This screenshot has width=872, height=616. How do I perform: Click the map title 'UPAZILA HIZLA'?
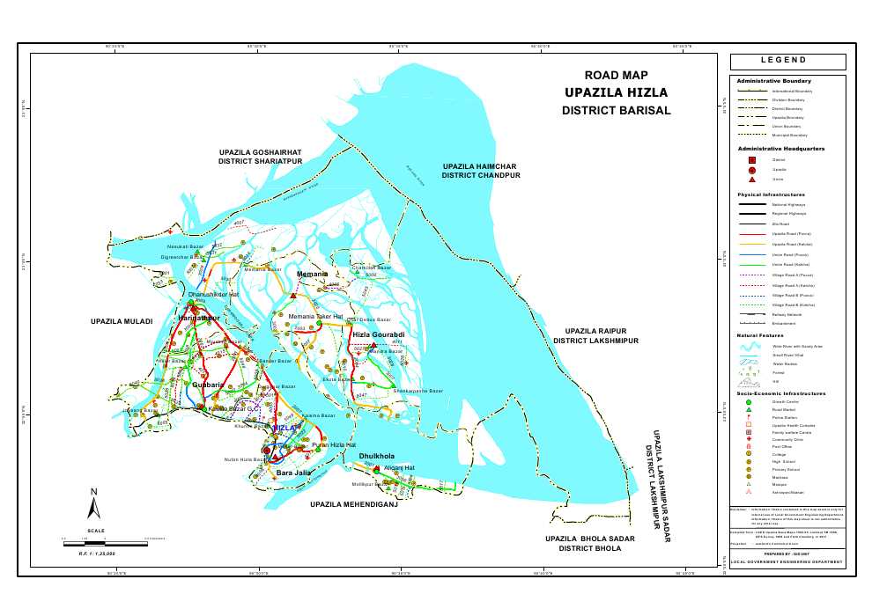click(616, 92)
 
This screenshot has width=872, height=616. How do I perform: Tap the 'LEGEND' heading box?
click(787, 62)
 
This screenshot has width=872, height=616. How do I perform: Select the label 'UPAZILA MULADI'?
click(122, 322)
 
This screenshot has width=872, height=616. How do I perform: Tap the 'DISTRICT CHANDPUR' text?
click(481, 176)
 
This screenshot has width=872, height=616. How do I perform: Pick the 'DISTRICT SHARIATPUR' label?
click(260, 162)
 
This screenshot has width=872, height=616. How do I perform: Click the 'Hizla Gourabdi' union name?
click(378, 335)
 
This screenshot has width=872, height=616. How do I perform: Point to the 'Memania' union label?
click(313, 275)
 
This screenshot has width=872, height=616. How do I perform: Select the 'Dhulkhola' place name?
click(377, 456)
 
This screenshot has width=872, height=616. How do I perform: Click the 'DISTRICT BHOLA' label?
click(589, 548)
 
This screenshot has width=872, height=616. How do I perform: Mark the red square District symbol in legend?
click(752, 160)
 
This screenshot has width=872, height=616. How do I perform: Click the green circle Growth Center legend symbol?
click(749, 401)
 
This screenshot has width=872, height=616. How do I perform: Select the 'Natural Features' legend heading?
click(760, 335)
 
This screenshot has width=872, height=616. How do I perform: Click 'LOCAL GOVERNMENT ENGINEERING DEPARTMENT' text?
click(787, 561)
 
